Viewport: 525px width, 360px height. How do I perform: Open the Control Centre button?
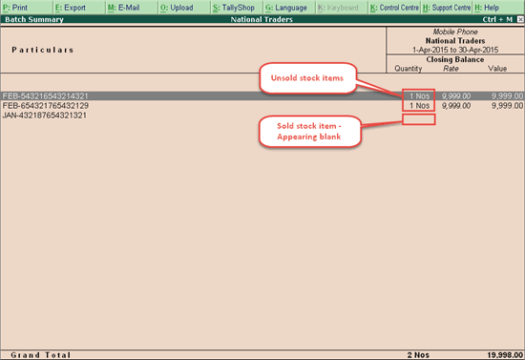[392, 7]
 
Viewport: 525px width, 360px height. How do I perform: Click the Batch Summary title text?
[30, 18]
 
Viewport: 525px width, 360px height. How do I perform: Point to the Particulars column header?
[43, 50]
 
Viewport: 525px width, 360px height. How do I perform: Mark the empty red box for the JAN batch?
[419, 118]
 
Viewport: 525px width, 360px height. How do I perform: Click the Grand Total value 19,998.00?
[500, 352]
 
